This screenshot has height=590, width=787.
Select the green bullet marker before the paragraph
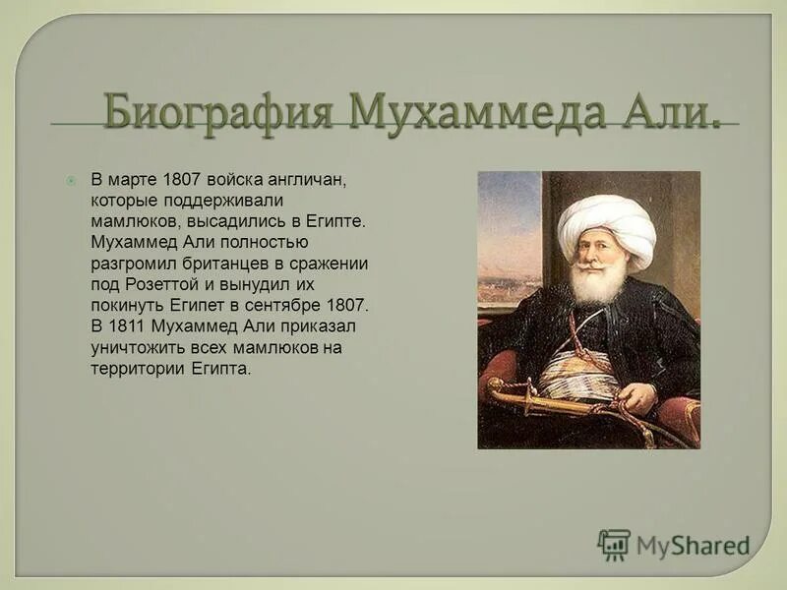click(x=71, y=181)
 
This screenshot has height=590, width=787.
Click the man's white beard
click(x=597, y=283)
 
